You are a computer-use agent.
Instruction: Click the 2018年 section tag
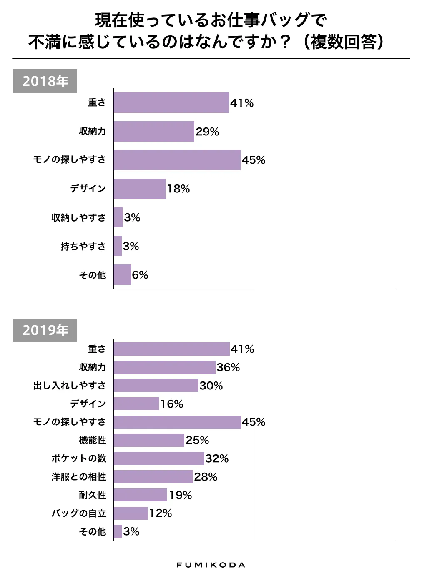(x=45, y=81)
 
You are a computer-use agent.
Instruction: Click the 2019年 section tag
(x=45, y=330)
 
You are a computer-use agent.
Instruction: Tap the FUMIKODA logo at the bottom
(x=211, y=565)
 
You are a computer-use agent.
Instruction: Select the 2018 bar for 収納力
(x=154, y=131)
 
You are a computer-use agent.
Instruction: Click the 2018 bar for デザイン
(x=140, y=189)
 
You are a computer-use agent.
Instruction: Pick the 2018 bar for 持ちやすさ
(x=118, y=246)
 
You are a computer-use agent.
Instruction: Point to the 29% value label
(x=207, y=132)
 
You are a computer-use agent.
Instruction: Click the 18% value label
(x=178, y=189)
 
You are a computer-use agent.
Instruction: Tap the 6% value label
(x=140, y=275)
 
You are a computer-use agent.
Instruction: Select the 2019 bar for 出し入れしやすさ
(x=156, y=385)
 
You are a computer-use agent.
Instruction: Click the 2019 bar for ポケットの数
(x=159, y=458)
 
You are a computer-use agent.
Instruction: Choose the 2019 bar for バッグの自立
(x=131, y=513)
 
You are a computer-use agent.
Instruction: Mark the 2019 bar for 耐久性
(x=140, y=495)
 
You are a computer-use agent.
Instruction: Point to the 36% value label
(x=228, y=367)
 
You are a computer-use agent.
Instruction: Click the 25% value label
(x=197, y=440)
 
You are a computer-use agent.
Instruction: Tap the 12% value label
(x=161, y=513)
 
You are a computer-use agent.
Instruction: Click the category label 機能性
(x=93, y=440)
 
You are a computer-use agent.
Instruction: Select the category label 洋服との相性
(x=79, y=477)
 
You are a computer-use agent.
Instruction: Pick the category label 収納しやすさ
(x=79, y=217)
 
